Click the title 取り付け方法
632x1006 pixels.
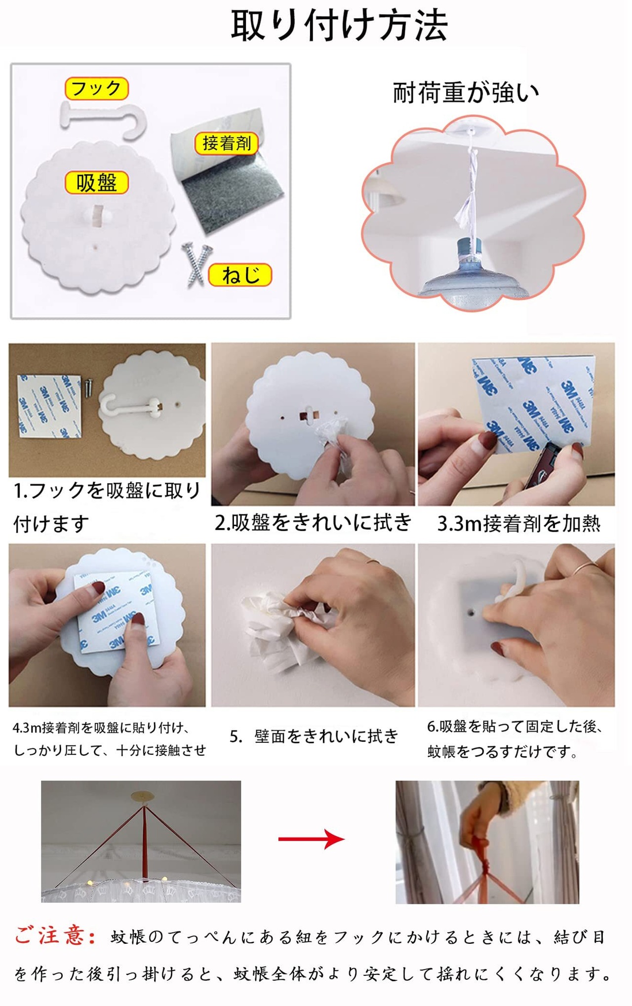coord(339,25)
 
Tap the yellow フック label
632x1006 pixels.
coord(96,88)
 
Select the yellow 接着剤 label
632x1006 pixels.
coord(227,143)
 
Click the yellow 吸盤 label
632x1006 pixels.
coord(97,183)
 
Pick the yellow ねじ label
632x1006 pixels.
coord(240,275)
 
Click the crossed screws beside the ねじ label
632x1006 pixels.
coord(196,264)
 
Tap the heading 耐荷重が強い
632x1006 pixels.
coord(466,93)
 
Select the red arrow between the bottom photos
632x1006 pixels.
coord(311,839)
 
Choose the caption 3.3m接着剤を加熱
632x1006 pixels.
coord(518,524)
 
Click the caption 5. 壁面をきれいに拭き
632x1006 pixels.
coord(314,736)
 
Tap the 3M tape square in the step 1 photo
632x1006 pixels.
coord(49,406)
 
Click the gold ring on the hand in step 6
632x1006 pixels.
coord(588,567)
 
